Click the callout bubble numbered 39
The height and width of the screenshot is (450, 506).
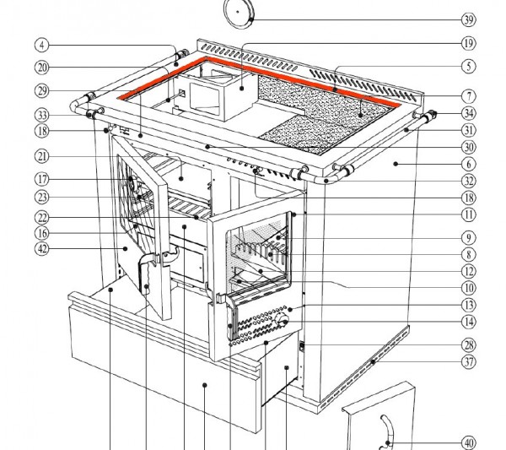point(468,19)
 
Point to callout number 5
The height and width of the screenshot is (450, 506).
point(468,67)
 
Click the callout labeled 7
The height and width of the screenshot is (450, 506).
point(468,96)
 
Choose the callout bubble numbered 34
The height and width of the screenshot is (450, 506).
point(468,114)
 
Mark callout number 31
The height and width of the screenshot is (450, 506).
point(468,130)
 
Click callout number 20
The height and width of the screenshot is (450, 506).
point(41,67)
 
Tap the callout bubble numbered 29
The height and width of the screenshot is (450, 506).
point(41,90)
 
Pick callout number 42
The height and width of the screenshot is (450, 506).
point(41,248)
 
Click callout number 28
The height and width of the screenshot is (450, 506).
point(468,344)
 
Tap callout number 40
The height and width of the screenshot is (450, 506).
point(468,442)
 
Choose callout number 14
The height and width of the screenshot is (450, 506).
point(468,321)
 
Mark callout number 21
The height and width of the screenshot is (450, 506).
point(41,155)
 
